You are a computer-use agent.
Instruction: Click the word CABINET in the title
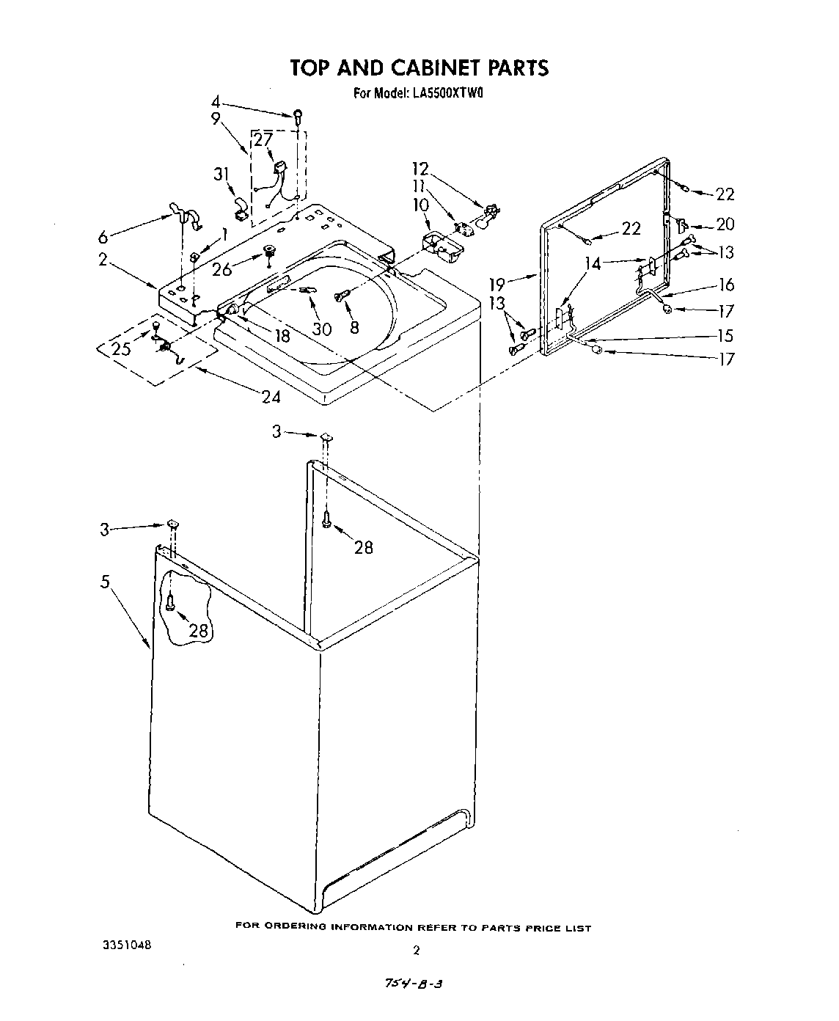[425, 67]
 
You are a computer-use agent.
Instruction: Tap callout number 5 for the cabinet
[106, 582]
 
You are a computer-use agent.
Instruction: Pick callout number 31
[221, 174]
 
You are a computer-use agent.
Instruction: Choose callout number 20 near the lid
[725, 224]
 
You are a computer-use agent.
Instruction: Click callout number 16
[726, 285]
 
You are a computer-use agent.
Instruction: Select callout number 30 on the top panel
[321, 329]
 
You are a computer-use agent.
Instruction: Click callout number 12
[420, 169]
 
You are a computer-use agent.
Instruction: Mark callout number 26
[222, 268]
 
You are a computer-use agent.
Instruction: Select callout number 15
[725, 336]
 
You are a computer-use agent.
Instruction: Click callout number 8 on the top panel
[354, 328]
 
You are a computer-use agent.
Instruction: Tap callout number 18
[282, 336]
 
